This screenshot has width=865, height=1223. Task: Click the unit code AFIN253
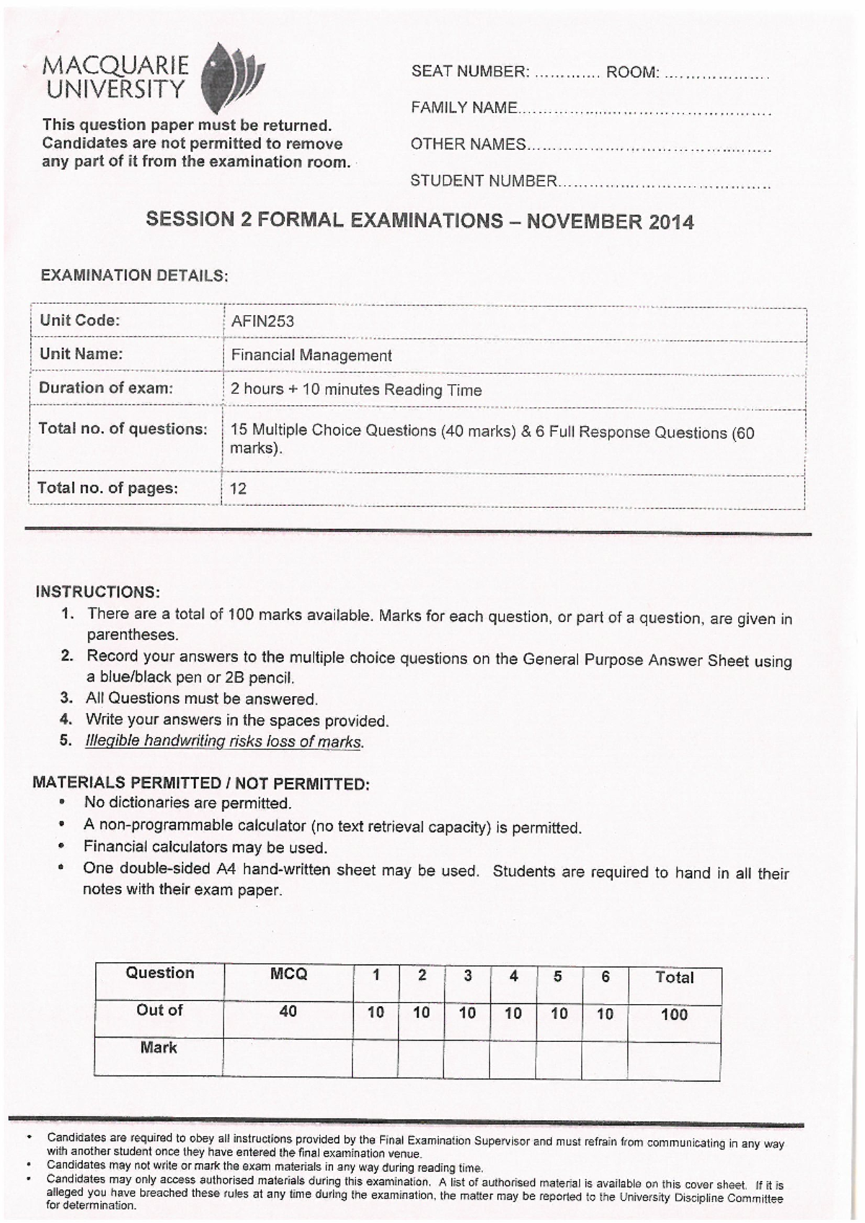click(262, 321)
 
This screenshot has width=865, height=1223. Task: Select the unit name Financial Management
click(311, 355)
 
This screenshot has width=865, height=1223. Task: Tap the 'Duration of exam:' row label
click(106, 388)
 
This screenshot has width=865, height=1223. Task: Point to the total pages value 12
click(238, 489)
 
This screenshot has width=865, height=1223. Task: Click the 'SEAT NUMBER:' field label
click(470, 72)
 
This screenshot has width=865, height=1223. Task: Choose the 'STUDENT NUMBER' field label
click(484, 181)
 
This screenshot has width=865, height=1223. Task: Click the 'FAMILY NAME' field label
click(463, 108)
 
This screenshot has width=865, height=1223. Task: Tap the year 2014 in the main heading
click(670, 222)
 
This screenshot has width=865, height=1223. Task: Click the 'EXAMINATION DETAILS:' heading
click(134, 275)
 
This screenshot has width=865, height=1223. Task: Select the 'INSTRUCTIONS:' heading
click(97, 592)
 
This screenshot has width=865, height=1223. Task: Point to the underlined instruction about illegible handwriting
click(223, 741)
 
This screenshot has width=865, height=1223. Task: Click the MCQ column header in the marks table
click(288, 974)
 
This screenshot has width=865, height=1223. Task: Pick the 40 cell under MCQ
click(288, 1012)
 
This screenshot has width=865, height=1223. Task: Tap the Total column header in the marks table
click(674, 977)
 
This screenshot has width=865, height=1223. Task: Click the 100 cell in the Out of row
click(674, 1015)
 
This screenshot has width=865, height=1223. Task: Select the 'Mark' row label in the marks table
click(159, 1048)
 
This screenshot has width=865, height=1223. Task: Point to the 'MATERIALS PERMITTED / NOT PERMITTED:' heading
click(201, 783)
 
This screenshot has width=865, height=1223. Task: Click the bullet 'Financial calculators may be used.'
click(205, 848)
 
